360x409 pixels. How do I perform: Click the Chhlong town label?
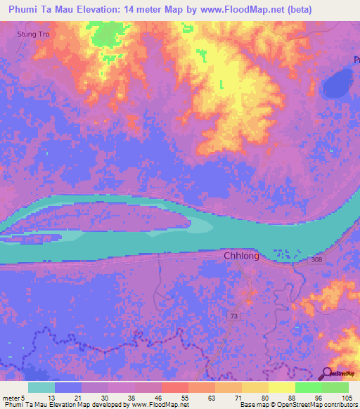[x=241, y=256]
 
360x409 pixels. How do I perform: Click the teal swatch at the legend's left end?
[x=41, y=387]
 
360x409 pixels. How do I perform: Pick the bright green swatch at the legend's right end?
[x=335, y=387]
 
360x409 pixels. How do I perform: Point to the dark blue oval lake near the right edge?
[x=337, y=86]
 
